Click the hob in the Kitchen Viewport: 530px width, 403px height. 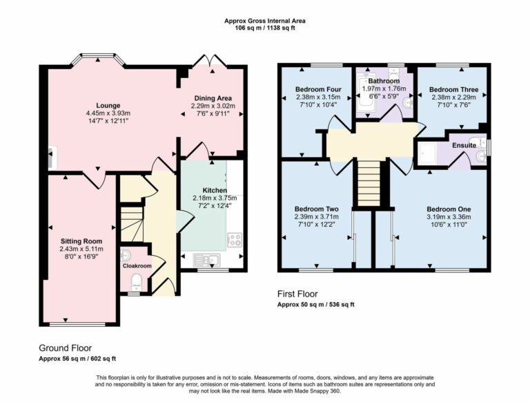[235, 241]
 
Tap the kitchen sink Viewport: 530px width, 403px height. [206, 259]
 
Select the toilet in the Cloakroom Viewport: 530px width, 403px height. [137, 281]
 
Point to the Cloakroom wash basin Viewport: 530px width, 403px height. [126, 255]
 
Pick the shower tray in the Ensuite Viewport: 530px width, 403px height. [427, 155]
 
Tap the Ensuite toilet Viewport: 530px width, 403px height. [480, 157]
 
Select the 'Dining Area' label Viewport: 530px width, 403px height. [213, 97]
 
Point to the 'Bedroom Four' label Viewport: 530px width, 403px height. [317, 89]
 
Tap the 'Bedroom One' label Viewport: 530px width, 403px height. [449, 209]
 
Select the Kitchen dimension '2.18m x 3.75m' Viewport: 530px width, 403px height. [214, 198]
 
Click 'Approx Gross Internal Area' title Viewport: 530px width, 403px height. [265, 21]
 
